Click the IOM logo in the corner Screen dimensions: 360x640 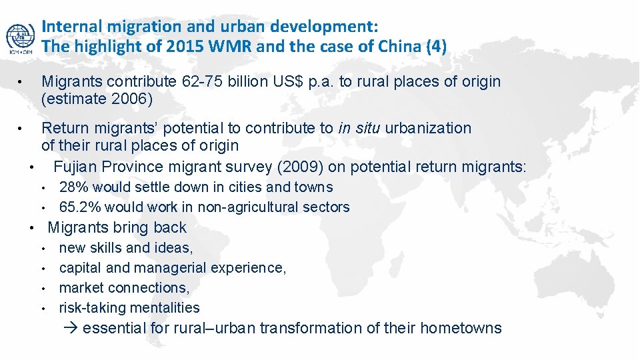click(20, 39)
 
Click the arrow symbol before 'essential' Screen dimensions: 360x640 click(73, 328)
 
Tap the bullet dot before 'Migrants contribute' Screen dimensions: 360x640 click(22, 82)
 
